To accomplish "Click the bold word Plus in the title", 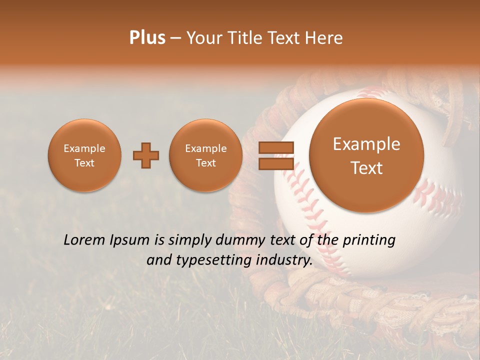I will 147,38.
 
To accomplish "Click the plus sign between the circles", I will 146,155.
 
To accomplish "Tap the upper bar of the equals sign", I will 275,147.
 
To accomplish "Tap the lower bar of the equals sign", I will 275,163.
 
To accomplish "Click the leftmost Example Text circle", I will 84,155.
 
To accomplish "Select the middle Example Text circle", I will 205,155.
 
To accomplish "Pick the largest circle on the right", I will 366,155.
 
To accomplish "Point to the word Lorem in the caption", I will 85,240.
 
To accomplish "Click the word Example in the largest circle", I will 366,144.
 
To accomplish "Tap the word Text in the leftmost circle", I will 84,163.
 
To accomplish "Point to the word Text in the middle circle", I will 205,163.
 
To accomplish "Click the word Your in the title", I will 204,38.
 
